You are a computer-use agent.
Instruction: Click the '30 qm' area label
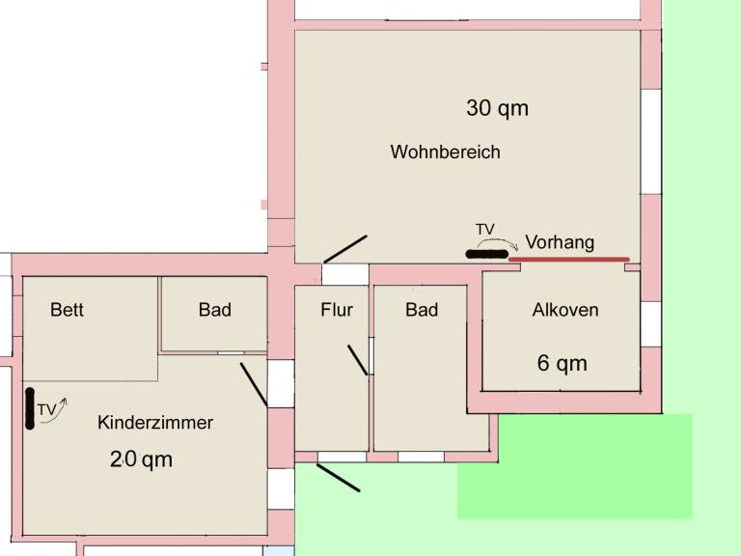click(497, 108)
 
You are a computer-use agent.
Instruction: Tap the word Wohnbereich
click(445, 152)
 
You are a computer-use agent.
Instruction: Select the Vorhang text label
click(560, 242)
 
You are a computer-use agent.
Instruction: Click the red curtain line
click(569, 259)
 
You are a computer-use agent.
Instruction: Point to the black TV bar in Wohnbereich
click(486, 255)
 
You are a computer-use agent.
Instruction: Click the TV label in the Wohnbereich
click(485, 230)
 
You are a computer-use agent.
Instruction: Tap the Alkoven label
click(565, 310)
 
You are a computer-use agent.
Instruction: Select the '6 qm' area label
click(562, 363)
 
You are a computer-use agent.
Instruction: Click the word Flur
click(337, 310)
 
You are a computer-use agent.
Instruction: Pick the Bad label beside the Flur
click(422, 310)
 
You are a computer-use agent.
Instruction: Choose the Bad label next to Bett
click(214, 310)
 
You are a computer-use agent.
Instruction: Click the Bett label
click(67, 310)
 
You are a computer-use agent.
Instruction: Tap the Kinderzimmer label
click(155, 422)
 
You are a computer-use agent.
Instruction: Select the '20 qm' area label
click(141, 459)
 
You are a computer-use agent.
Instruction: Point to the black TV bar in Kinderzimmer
click(30, 408)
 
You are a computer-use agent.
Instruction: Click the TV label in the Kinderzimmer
click(46, 409)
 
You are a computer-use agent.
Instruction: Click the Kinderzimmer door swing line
click(254, 384)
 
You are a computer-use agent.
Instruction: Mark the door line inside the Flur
click(357, 360)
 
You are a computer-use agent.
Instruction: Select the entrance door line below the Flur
click(338, 478)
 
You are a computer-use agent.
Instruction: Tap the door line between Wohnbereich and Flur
click(345, 249)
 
